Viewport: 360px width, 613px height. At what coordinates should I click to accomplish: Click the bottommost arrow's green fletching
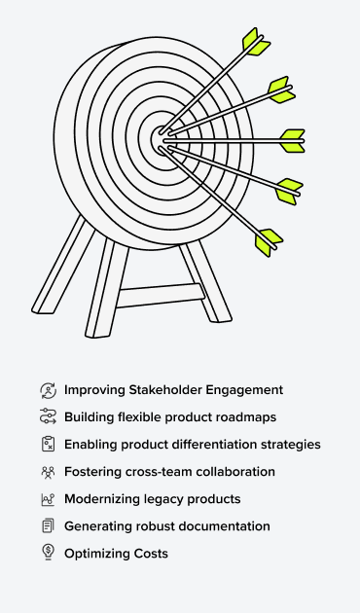coord(267,240)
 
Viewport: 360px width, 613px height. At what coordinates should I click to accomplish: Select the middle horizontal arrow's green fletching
coord(292,140)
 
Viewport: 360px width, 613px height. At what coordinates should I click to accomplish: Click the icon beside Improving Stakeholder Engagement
coord(48,390)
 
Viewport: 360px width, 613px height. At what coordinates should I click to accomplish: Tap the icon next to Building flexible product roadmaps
coord(48,417)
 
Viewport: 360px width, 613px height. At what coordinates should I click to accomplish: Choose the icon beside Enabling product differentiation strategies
coord(48,445)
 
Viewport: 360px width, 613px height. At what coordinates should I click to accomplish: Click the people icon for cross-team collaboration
coord(48,472)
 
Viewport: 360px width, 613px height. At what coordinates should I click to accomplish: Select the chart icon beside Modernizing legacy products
coord(48,499)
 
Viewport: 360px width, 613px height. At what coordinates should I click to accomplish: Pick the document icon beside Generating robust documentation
coord(48,526)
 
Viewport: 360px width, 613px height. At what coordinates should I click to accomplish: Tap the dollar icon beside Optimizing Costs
coord(48,554)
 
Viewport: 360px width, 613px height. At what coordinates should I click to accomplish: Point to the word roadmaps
coord(246,417)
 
